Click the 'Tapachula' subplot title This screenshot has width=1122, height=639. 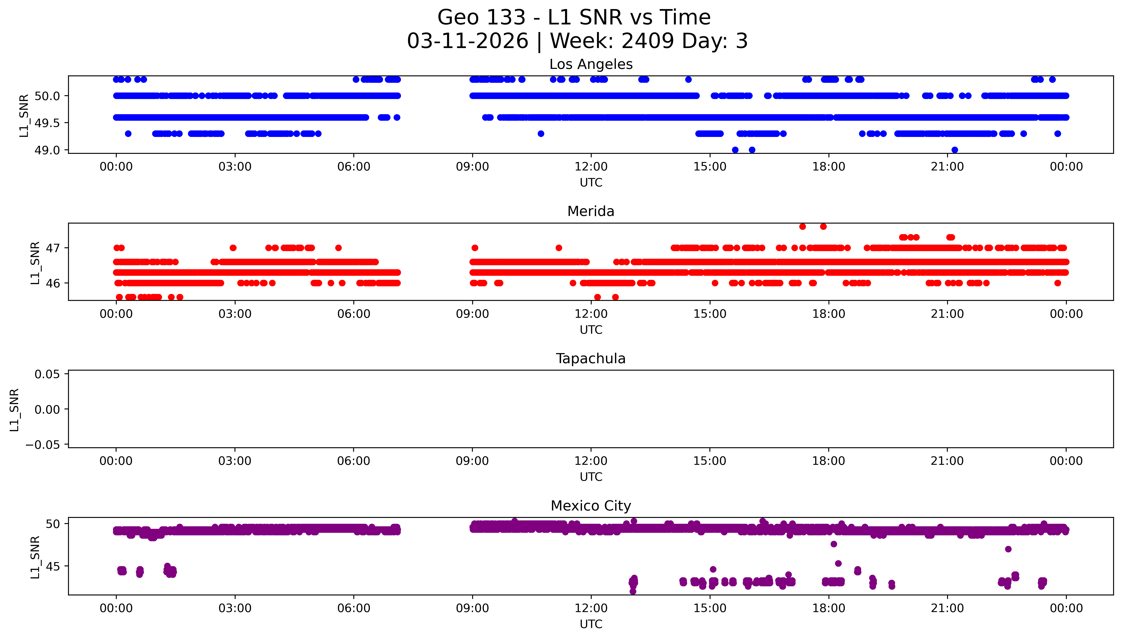pyautogui.click(x=591, y=359)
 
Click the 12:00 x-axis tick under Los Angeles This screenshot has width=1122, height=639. pyautogui.click(x=591, y=167)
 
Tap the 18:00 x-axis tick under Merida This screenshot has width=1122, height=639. pyautogui.click(x=828, y=314)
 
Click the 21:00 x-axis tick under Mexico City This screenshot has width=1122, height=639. pyautogui.click(x=947, y=608)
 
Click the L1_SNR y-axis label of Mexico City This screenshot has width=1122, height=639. pyautogui.click(x=35, y=557)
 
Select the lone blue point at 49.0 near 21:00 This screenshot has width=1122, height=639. pyautogui.click(x=954, y=150)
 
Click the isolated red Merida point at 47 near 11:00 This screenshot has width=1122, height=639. pyautogui.click(x=559, y=248)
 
